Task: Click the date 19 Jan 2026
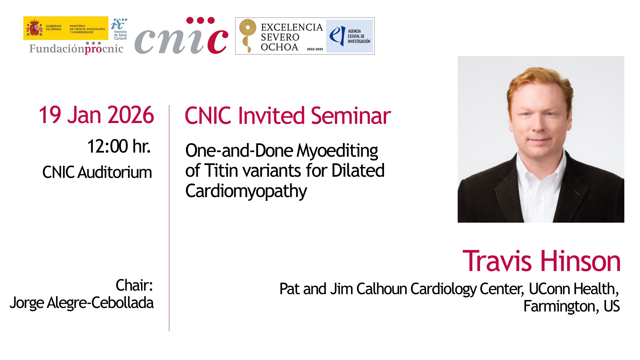pos(96,115)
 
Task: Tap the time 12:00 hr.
pos(119,146)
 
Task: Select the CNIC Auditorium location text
pos(97,172)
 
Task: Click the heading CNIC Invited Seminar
pos(288,116)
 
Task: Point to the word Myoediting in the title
pos(337,151)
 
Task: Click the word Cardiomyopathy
pos(246,191)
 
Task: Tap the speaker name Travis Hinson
pos(541,261)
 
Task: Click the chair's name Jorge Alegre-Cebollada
pos(82,303)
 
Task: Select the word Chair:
pos(134,285)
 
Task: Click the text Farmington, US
pos(571,306)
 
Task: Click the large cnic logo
pos(181,36)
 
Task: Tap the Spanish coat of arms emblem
pos(34,28)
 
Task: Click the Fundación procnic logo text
pos(76,49)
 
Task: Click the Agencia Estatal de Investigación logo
pos(349,36)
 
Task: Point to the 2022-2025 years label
pos(315,49)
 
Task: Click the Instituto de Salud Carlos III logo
pos(119,29)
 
